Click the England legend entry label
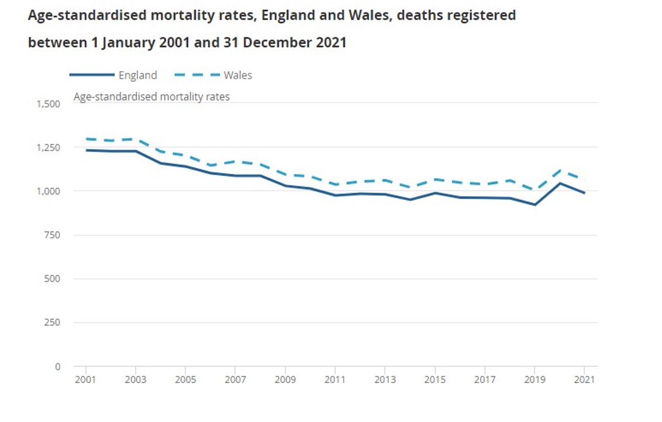point(137,75)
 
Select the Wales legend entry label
point(237,75)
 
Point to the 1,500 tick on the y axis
point(49,104)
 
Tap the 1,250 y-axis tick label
point(49,148)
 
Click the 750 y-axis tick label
point(52,235)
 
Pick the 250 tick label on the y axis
point(52,323)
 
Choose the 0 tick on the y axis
point(57,367)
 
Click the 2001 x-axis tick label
point(86,380)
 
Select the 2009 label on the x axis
point(285,380)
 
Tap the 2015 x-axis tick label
point(435,380)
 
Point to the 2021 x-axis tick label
point(585,380)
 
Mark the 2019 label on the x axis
point(535,380)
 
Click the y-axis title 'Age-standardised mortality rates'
point(151,97)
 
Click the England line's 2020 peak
point(560,184)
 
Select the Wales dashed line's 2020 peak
point(560,170)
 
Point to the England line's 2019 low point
point(535,205)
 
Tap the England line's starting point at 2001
point(86,150)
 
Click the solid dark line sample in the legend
point(91,75)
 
